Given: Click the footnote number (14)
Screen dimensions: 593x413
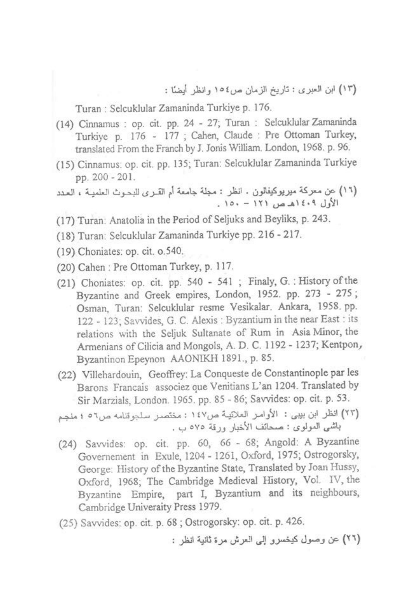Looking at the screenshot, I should click(x=66, y=125).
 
